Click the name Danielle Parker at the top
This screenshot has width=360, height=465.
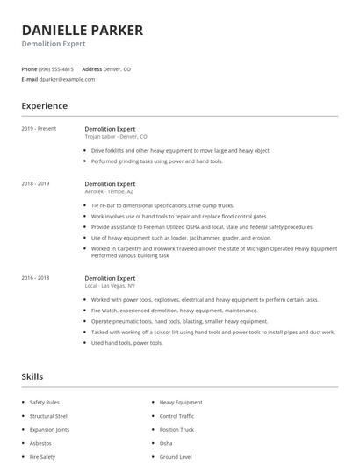pyautogui.click(x=82, y=31)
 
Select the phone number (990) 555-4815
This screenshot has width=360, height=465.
pyautogui.click(x=57, y=68)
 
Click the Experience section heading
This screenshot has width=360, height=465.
pyautogui.click(x=44, y=106)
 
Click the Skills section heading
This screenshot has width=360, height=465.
pyautogui.click(x=32, y=376)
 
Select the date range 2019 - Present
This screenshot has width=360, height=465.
pyautogui.click(x=39, y=129)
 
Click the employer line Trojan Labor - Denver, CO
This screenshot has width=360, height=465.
pyautogui.click(x=116, y=137)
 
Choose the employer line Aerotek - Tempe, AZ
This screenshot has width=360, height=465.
pyautogui.click(x=110, y=192)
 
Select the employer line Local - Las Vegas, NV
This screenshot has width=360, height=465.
pyautogui.click(x=110, y=285)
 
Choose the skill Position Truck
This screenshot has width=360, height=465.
pyautogui.click(x=176, y=429)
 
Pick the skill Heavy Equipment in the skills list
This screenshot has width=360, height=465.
pyautogui.click(x=180, y=402)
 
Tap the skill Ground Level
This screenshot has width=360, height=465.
pyautogui.click(x=176, y=457)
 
